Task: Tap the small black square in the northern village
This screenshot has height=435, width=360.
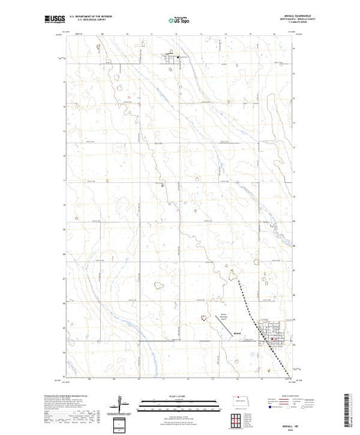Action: point(178,57)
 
